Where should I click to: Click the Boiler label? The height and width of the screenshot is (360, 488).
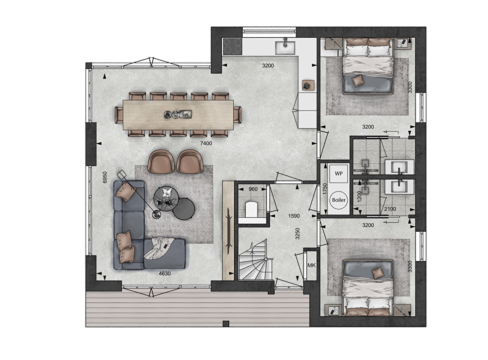pos(339,200)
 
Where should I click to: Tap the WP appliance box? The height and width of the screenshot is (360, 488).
pos(339,173)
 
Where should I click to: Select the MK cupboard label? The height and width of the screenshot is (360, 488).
pos(311,266)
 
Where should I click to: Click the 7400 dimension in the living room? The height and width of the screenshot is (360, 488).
pos(206,143)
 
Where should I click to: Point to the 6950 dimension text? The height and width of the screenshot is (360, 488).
pos(105,177)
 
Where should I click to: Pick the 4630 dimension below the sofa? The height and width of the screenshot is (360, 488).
pos(165,273)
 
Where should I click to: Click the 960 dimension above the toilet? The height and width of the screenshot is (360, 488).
pos(253,189)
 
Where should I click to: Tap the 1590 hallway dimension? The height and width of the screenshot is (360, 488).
pos(294,216)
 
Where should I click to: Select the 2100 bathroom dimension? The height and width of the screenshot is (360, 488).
pos(390,209)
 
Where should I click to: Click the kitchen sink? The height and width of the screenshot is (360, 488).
pos(286,47)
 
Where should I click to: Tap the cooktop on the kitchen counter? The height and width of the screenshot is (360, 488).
pos(232,46)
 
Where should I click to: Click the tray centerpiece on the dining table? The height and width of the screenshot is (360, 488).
pos(178,114)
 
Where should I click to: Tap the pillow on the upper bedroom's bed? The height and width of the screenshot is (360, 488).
pos(358,80)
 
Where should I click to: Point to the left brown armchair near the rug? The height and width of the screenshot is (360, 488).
pos(161,162)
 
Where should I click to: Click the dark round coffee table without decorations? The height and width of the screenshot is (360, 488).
pos(184,209)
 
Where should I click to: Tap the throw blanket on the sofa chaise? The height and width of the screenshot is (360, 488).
pos(159,248)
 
